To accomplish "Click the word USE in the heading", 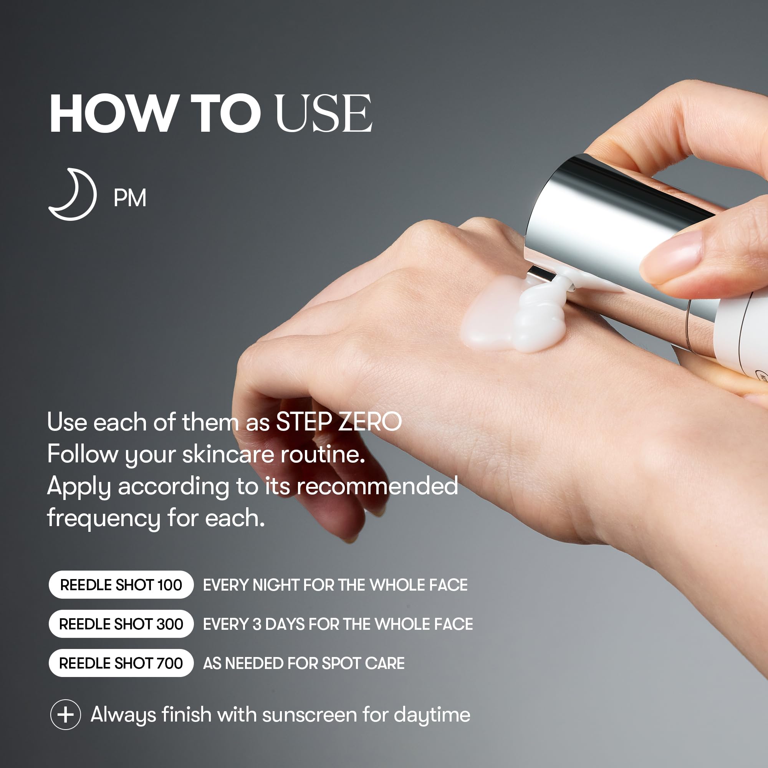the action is pos(324,113).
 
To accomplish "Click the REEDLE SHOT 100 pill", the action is pos(121,585).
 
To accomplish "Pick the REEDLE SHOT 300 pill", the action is pos(121,624).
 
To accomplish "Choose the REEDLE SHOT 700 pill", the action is pos(121,663).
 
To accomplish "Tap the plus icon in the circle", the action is pos(66,715).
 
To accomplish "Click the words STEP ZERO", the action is pos(339,422).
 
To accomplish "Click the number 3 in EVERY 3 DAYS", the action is pos(257,624).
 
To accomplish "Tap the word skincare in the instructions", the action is pos(228,454).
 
